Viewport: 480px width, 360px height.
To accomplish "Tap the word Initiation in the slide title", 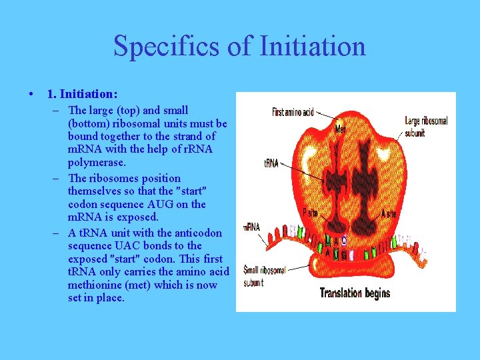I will [311, 47].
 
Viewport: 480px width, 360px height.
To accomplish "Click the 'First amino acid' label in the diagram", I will [293, 112].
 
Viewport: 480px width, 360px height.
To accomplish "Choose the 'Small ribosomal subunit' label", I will [263, 275].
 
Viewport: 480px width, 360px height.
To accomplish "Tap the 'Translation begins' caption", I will [355, 293].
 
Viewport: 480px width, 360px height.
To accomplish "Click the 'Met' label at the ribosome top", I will [341, 127].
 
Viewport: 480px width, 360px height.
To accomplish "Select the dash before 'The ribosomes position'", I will [59, 178].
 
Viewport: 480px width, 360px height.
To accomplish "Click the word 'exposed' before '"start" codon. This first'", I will [90, 259].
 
